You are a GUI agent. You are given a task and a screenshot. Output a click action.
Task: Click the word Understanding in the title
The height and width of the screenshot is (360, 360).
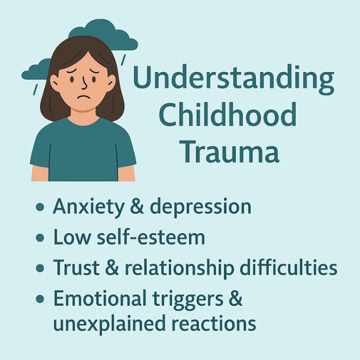[x=233, y=80]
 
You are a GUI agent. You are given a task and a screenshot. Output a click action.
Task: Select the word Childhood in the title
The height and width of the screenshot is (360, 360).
[x=228, y=114]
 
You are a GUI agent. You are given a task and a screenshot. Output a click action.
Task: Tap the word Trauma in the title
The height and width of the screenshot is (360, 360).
[x=229, y=151]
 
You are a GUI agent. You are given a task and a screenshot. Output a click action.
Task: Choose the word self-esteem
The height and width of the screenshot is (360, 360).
[x=151, y=237]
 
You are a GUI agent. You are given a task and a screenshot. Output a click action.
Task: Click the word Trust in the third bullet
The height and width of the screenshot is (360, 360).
[x=76, y=267]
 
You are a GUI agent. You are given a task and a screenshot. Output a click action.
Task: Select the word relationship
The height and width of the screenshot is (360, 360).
[x=180, y=269]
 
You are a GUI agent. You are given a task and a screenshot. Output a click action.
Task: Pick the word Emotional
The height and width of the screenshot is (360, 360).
[x=100, y=298]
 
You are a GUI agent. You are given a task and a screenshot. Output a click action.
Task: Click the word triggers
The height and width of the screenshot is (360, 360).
[x=188, y=300]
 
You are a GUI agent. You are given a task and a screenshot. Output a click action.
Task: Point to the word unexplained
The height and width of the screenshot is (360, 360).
[x=109, y=324]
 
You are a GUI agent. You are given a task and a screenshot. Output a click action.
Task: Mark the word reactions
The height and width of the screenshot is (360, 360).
[x=214, y=323]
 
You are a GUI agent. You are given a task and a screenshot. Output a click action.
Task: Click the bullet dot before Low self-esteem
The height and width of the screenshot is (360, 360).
[x=40, y=238]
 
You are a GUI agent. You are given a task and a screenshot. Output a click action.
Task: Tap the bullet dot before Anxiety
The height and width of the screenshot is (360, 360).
[x=40, y=207]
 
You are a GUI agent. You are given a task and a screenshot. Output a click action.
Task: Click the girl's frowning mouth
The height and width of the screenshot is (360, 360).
[x=83, y=97]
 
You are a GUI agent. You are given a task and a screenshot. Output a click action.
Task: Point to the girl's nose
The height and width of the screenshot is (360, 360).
[x=84, y=83]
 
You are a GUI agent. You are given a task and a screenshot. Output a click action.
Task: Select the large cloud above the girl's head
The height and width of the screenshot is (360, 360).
[x=103, y=35]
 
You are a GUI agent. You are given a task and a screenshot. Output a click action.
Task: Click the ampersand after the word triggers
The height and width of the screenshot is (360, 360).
[x=236, y=298]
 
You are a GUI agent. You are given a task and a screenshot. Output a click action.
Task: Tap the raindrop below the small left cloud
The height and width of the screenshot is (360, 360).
[x=35, y=90]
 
